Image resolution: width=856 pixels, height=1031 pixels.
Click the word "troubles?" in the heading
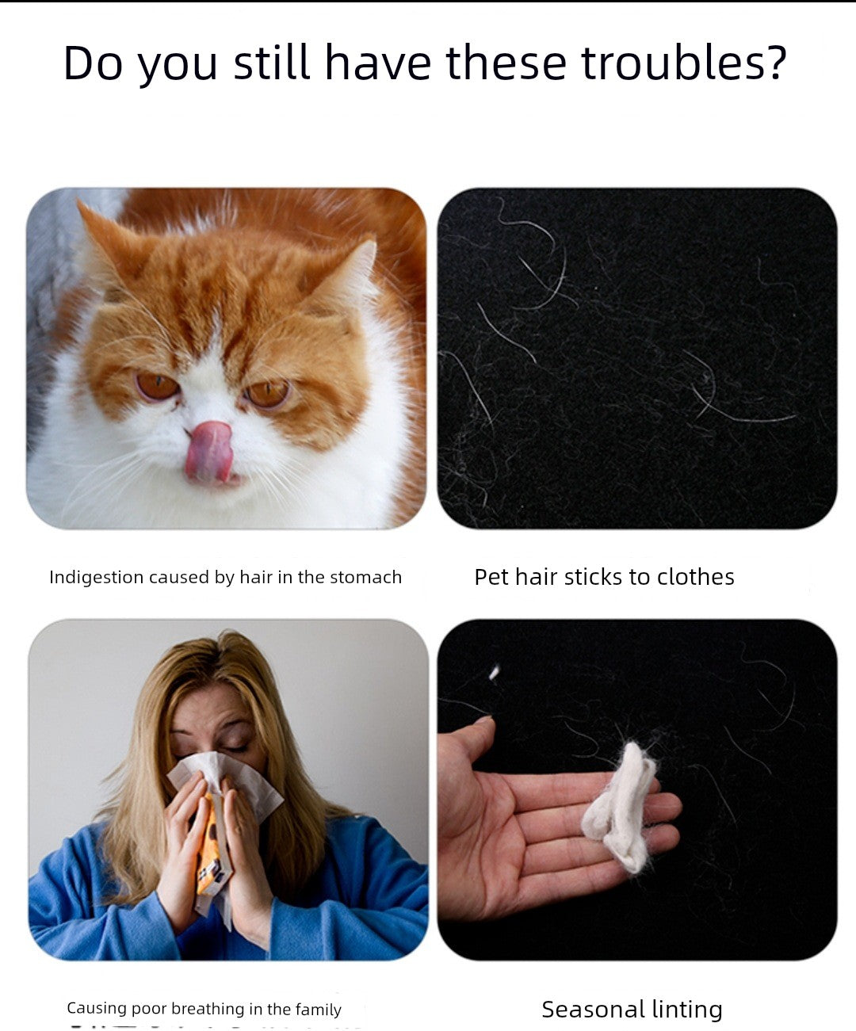point(683,63)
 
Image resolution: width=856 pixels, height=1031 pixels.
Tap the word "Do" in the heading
point(93,63)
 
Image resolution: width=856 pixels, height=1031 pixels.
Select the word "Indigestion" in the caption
point(96,577)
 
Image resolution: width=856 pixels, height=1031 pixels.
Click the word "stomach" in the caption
point(365,577)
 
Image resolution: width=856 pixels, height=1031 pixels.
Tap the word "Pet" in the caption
point(491,577)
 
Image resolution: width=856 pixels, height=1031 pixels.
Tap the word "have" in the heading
point(377,63)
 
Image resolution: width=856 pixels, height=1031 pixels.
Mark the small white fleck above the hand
point(495,673)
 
